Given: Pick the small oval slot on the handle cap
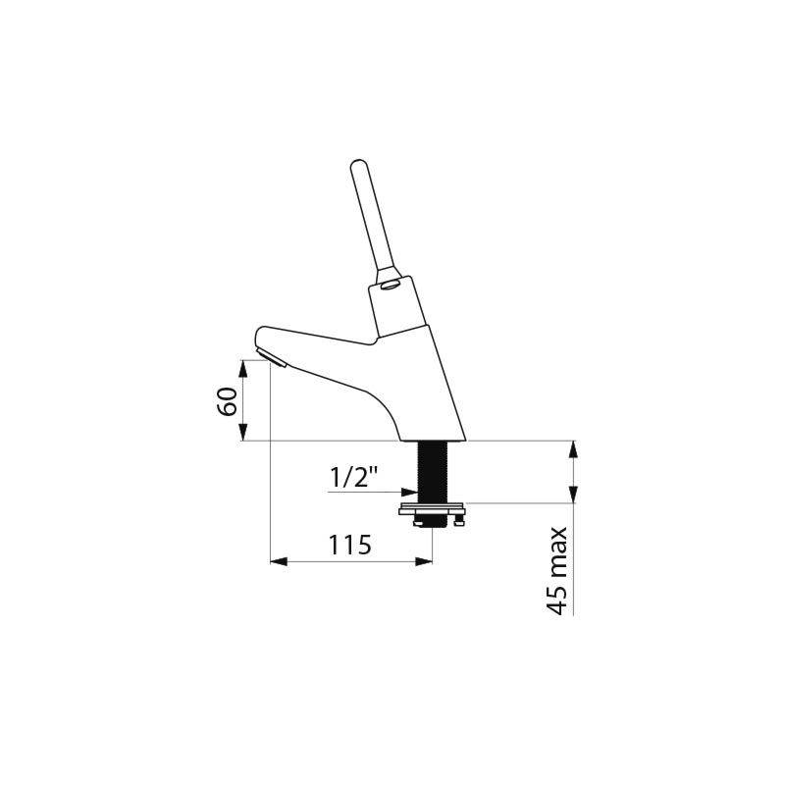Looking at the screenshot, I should [x=390, y=287].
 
